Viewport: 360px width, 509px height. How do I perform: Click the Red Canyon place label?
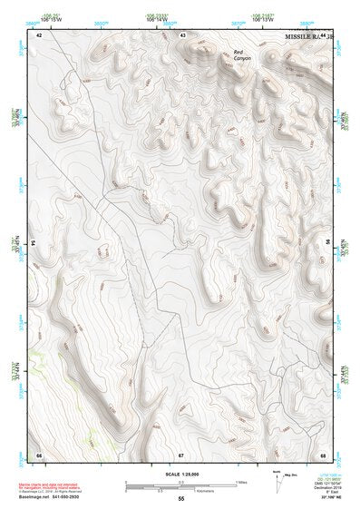tap(239, 55)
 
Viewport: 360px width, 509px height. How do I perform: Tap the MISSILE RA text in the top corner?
tap(302, 36)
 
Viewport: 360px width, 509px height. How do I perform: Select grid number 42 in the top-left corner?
tap(39, 34)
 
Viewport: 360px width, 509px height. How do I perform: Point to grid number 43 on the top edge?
tap(182, 34)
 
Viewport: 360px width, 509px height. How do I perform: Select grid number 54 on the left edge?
tap(34, 244)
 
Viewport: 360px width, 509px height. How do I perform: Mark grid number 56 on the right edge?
tap(326, 244)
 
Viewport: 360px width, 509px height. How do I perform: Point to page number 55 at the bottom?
tap(180, 498)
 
